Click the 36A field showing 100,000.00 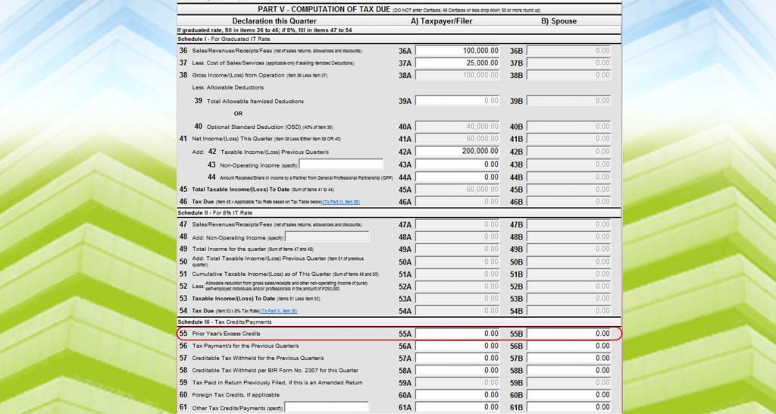pos(458,51)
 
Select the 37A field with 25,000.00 pos(458,63)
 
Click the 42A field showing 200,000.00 pos(458,152)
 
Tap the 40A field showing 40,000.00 pos(458,127)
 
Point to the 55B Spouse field pos(569,334)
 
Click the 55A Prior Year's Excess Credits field pos(458,334)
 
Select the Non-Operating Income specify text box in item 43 pos(341,164)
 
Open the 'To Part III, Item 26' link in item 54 pos(279,311)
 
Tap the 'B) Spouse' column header pos(559,21)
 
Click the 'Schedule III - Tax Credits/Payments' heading pos(224,322)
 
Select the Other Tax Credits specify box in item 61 pos(326,407)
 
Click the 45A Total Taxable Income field pos(458,190)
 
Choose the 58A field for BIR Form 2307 pos(458,371)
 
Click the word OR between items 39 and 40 pos(238,114)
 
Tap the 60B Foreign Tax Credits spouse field pos(569,395)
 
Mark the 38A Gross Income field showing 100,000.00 pos(458,76)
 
